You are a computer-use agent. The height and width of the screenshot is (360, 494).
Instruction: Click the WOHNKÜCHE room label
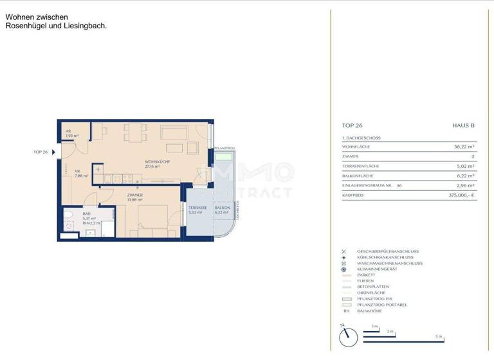[158, 161]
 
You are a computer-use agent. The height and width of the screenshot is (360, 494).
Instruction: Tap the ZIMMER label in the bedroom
[134, 195]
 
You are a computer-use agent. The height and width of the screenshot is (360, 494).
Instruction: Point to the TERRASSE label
[197, 208]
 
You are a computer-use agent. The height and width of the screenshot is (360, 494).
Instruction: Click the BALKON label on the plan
[223, 208]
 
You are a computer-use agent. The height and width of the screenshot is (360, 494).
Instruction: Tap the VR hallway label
[77, 171]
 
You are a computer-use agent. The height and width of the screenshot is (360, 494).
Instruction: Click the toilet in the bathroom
[68, 215]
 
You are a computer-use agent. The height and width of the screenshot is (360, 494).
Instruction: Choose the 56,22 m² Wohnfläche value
[464, 147]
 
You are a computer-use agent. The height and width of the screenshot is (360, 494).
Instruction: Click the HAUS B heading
[464, 126]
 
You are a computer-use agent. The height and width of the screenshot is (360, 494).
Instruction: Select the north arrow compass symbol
[347, 334]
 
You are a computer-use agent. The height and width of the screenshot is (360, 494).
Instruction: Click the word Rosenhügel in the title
[25, 26]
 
